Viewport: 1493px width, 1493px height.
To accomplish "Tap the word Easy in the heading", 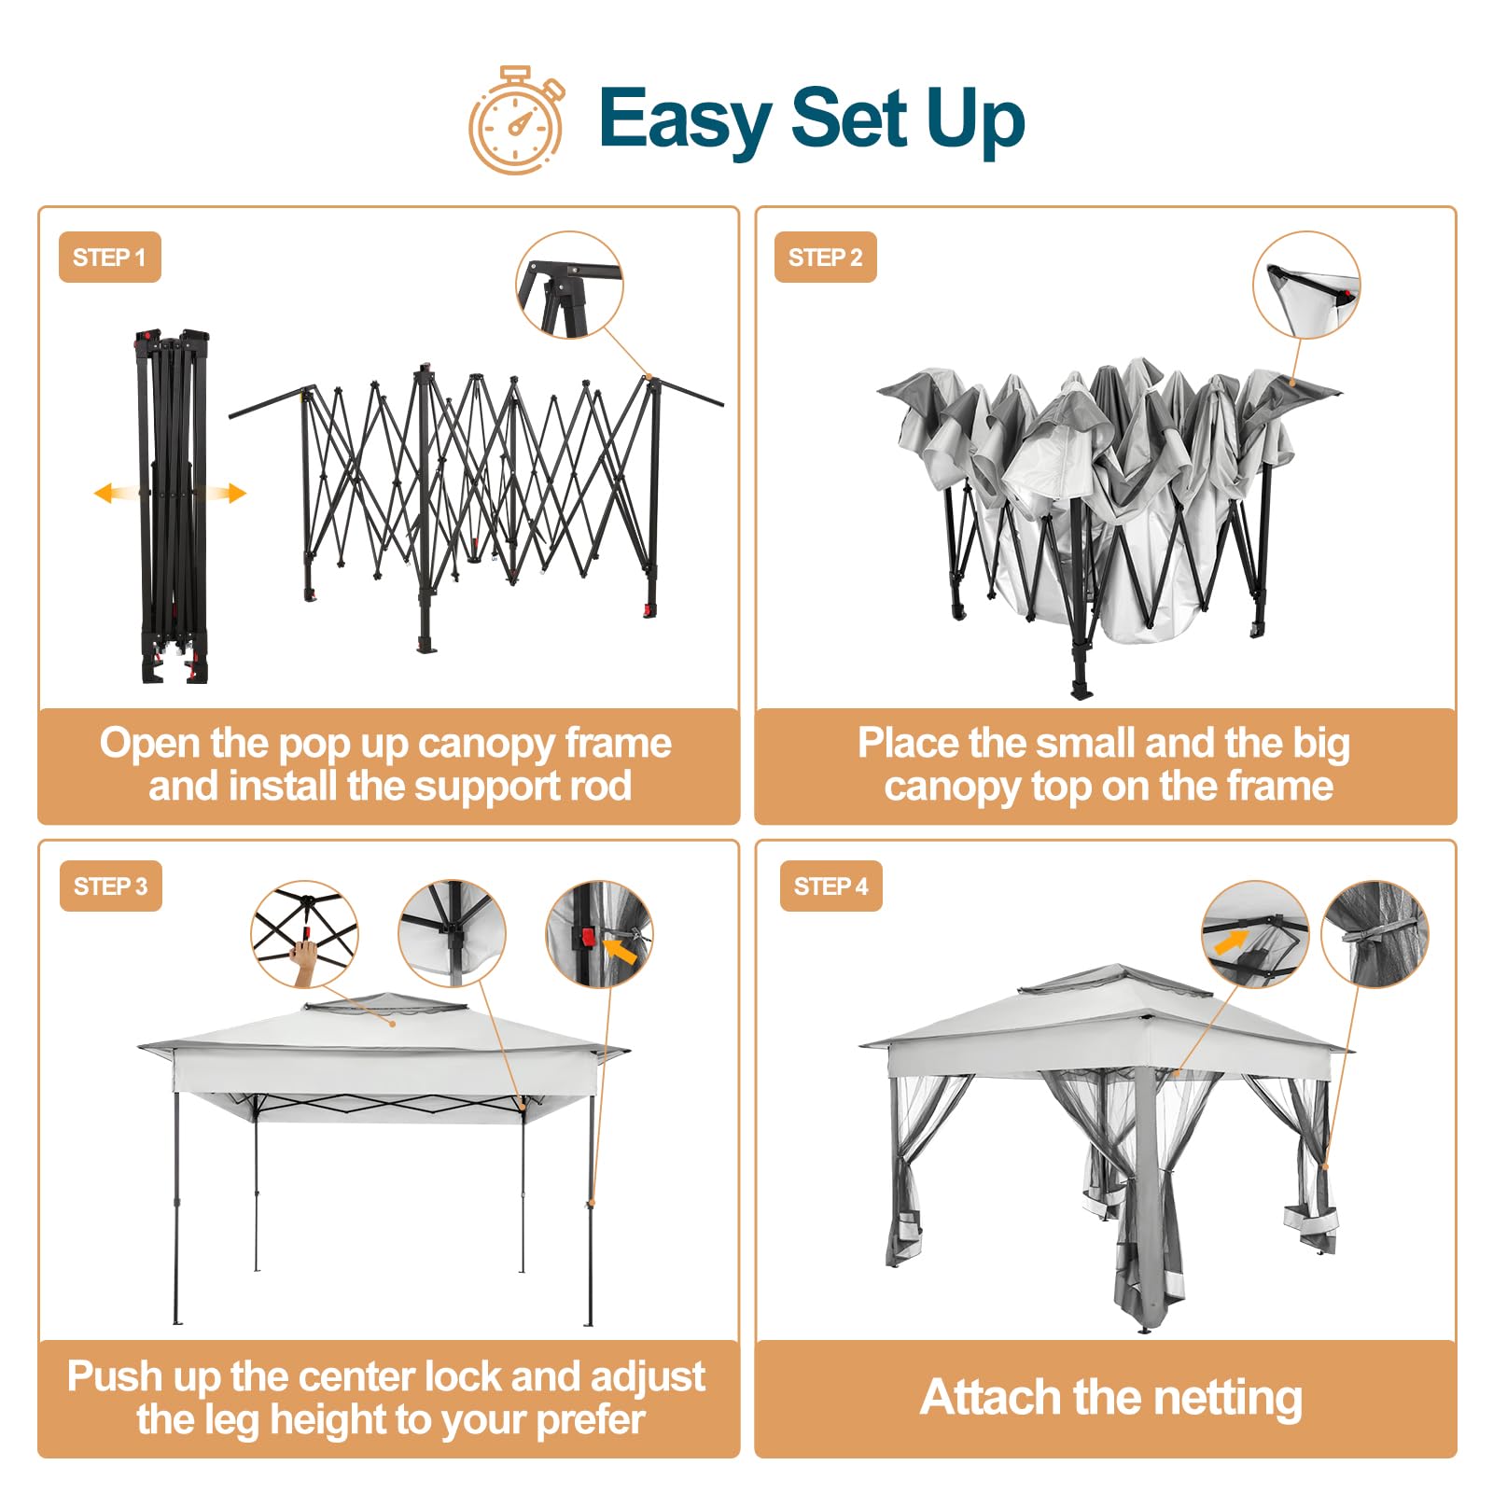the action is tap(685, 119).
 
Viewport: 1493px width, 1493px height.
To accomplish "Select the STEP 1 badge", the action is tap(110, 257).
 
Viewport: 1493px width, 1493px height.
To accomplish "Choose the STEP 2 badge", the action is tap(826, 257).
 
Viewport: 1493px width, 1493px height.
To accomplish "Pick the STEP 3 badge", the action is tap(110, 886).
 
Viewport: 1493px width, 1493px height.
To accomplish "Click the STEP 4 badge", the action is tap(831, 886).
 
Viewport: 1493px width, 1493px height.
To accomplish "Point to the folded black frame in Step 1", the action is tap(172, 506).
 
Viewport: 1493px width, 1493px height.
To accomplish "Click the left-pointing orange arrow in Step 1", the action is tap(117, 493).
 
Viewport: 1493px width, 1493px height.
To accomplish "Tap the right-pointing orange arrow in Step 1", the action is tap(224, 493).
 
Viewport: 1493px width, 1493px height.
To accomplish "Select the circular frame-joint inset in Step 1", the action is tap(569, 285).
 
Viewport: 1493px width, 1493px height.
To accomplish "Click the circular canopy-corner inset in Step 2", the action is tap(1306, 285).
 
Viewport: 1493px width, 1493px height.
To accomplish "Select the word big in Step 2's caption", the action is tap(1320, 745).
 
